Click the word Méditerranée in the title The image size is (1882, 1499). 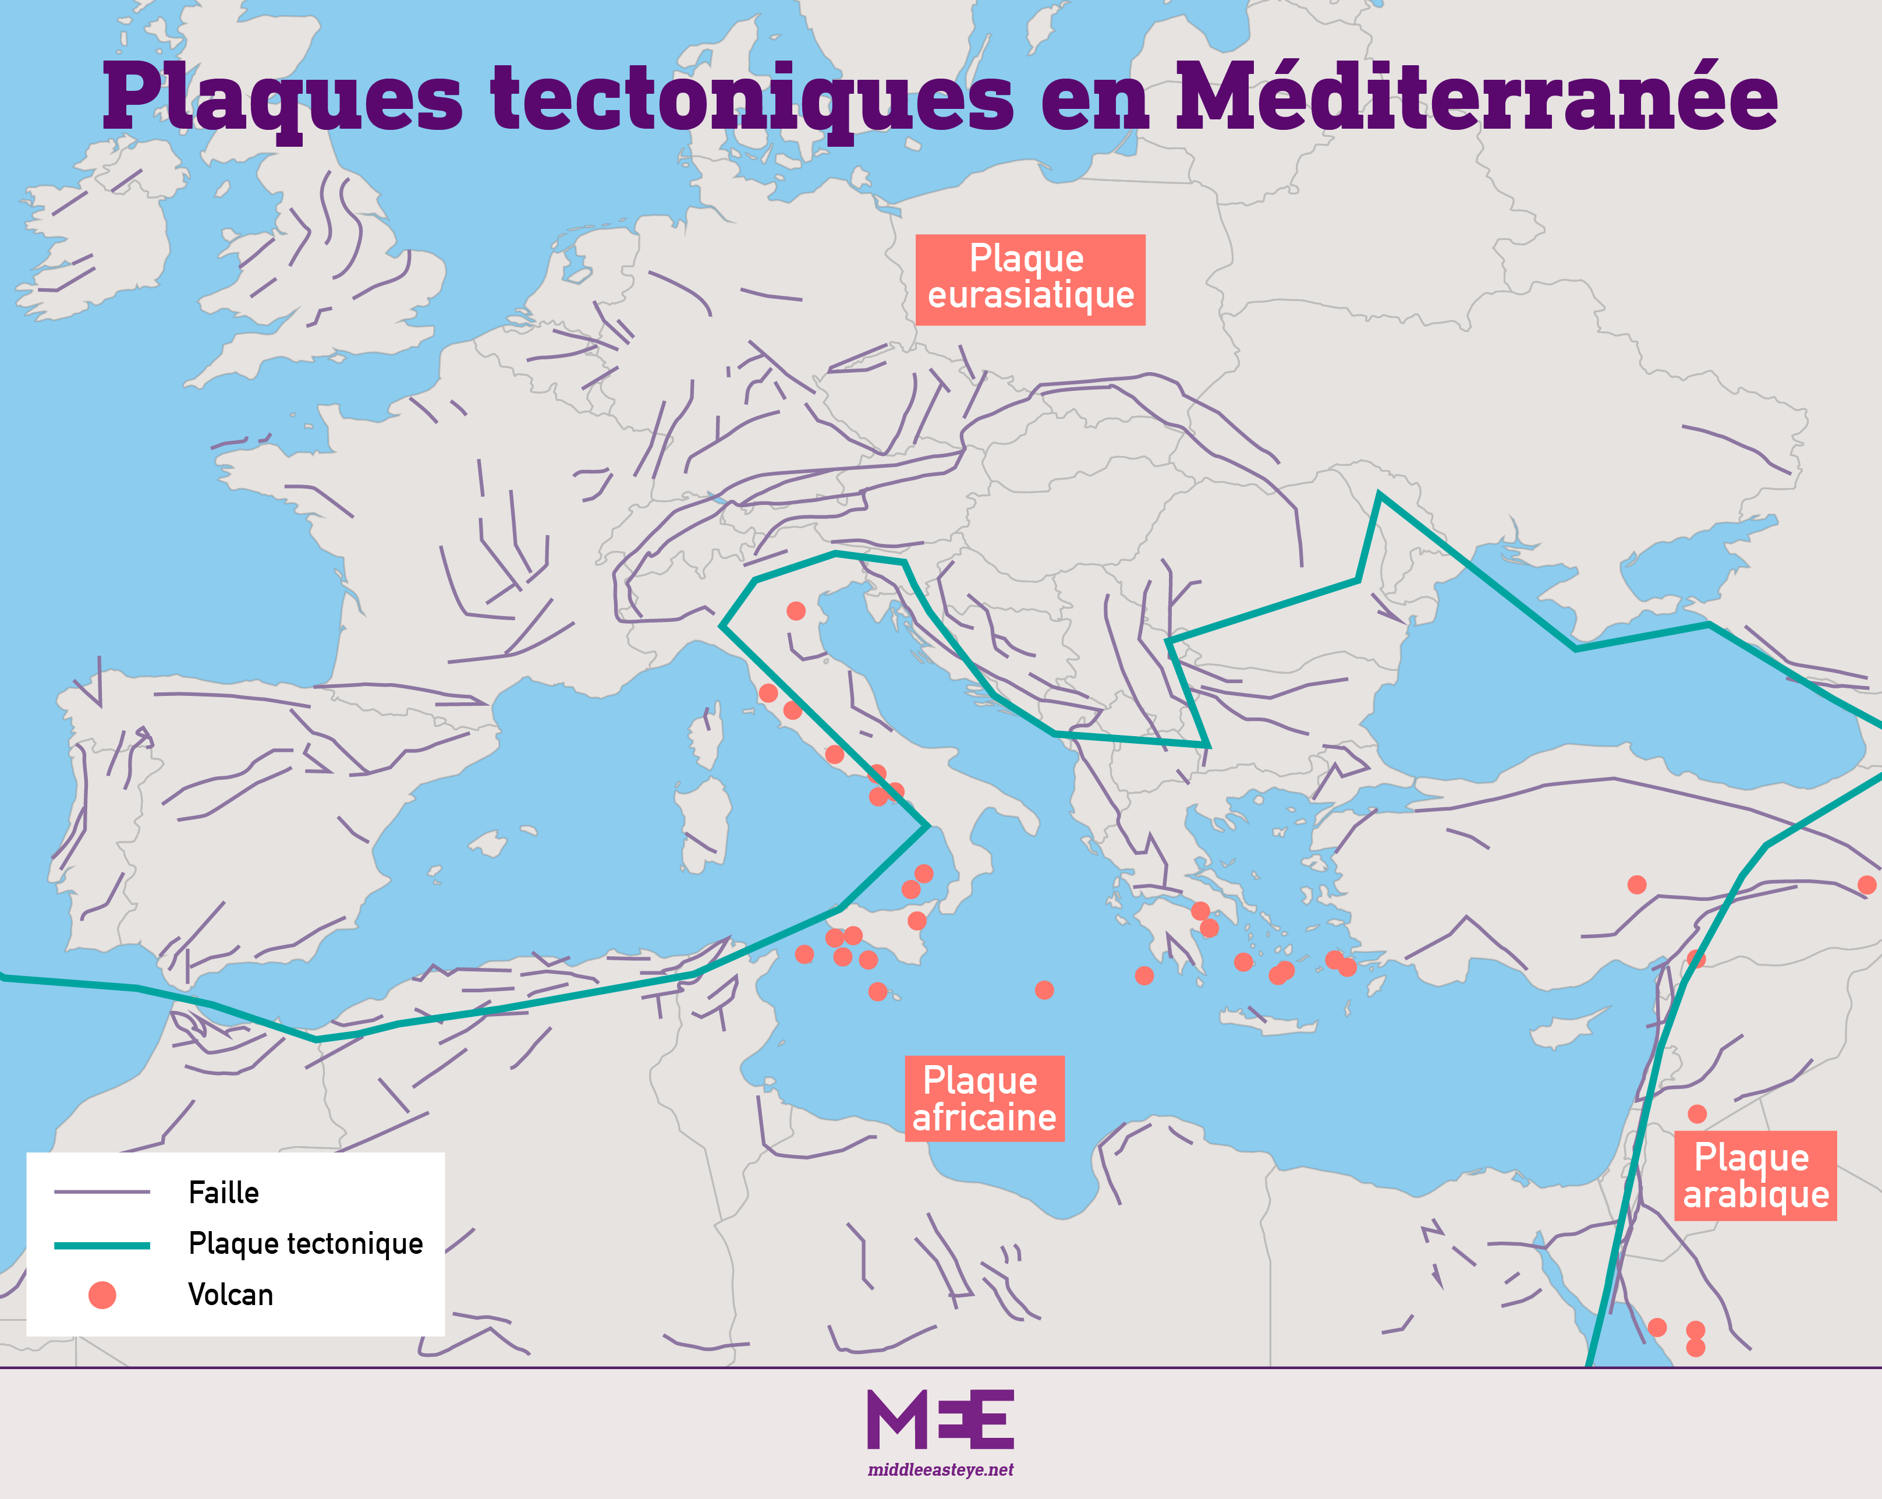(x=1475, y=98)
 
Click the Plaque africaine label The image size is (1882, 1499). (x=984, y=1099)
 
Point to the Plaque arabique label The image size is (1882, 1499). (x=1755, y=1176)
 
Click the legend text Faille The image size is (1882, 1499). (x=224, y=1193)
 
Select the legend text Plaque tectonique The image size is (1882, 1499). (x=306, y=1243)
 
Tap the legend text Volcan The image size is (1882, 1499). (x=231, y=1295)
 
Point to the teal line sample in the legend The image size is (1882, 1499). (x=102, y=1245)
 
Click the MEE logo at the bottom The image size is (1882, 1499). (x=940, y=1420)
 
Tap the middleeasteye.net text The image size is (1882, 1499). (x=940, y=1470)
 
